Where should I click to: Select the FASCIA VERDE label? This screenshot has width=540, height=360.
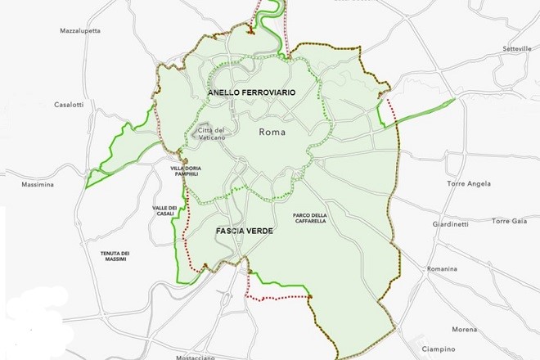click(x=244, y=232)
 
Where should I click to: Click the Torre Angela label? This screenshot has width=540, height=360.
click(x=469, y=184)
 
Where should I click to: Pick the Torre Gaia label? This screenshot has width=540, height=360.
click(x=511, y=221)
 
